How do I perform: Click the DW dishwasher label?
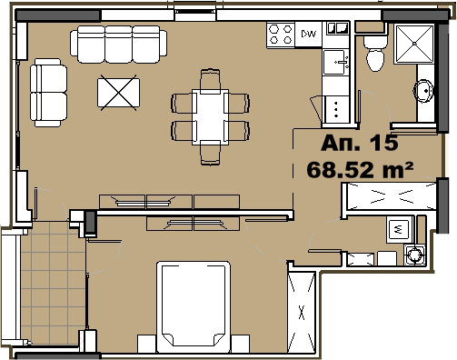308,34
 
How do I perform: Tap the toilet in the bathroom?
375,54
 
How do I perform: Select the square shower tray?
414,44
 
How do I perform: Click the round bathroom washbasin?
424,90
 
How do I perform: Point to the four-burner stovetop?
281,35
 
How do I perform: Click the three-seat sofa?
118,45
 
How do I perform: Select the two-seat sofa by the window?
48,93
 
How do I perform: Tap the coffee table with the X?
118,93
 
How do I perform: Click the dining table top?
210,116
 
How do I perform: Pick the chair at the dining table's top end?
210,80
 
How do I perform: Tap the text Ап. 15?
359,143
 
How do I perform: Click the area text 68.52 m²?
360,170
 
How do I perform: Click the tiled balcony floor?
53,284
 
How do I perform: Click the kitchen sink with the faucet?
336,62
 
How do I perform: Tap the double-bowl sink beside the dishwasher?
338,28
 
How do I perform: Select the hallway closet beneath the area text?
389,196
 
